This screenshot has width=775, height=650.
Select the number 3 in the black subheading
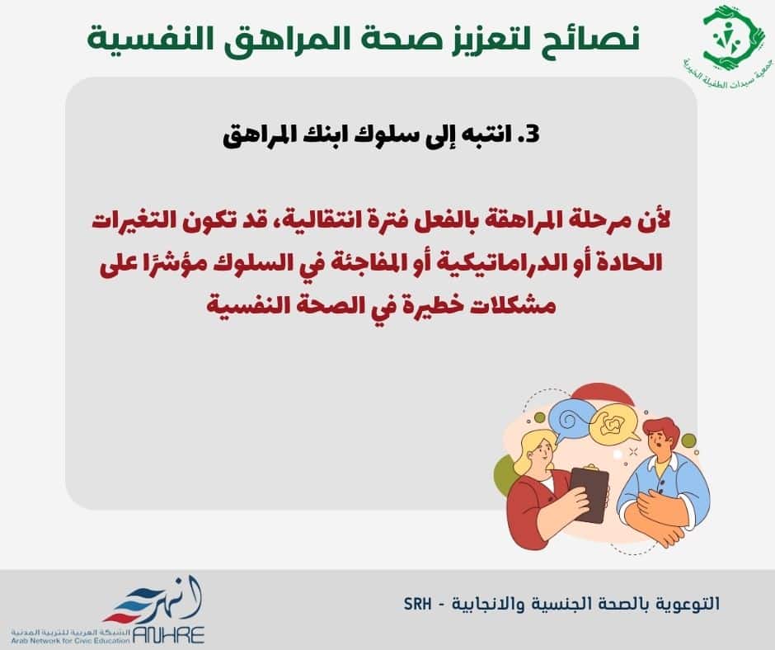[x=531, y=135]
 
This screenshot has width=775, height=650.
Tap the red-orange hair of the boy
[x=662, y=431]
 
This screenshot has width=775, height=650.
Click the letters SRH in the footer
[x=417, y=604]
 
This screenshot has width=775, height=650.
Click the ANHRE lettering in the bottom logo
[x=168, y=634]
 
